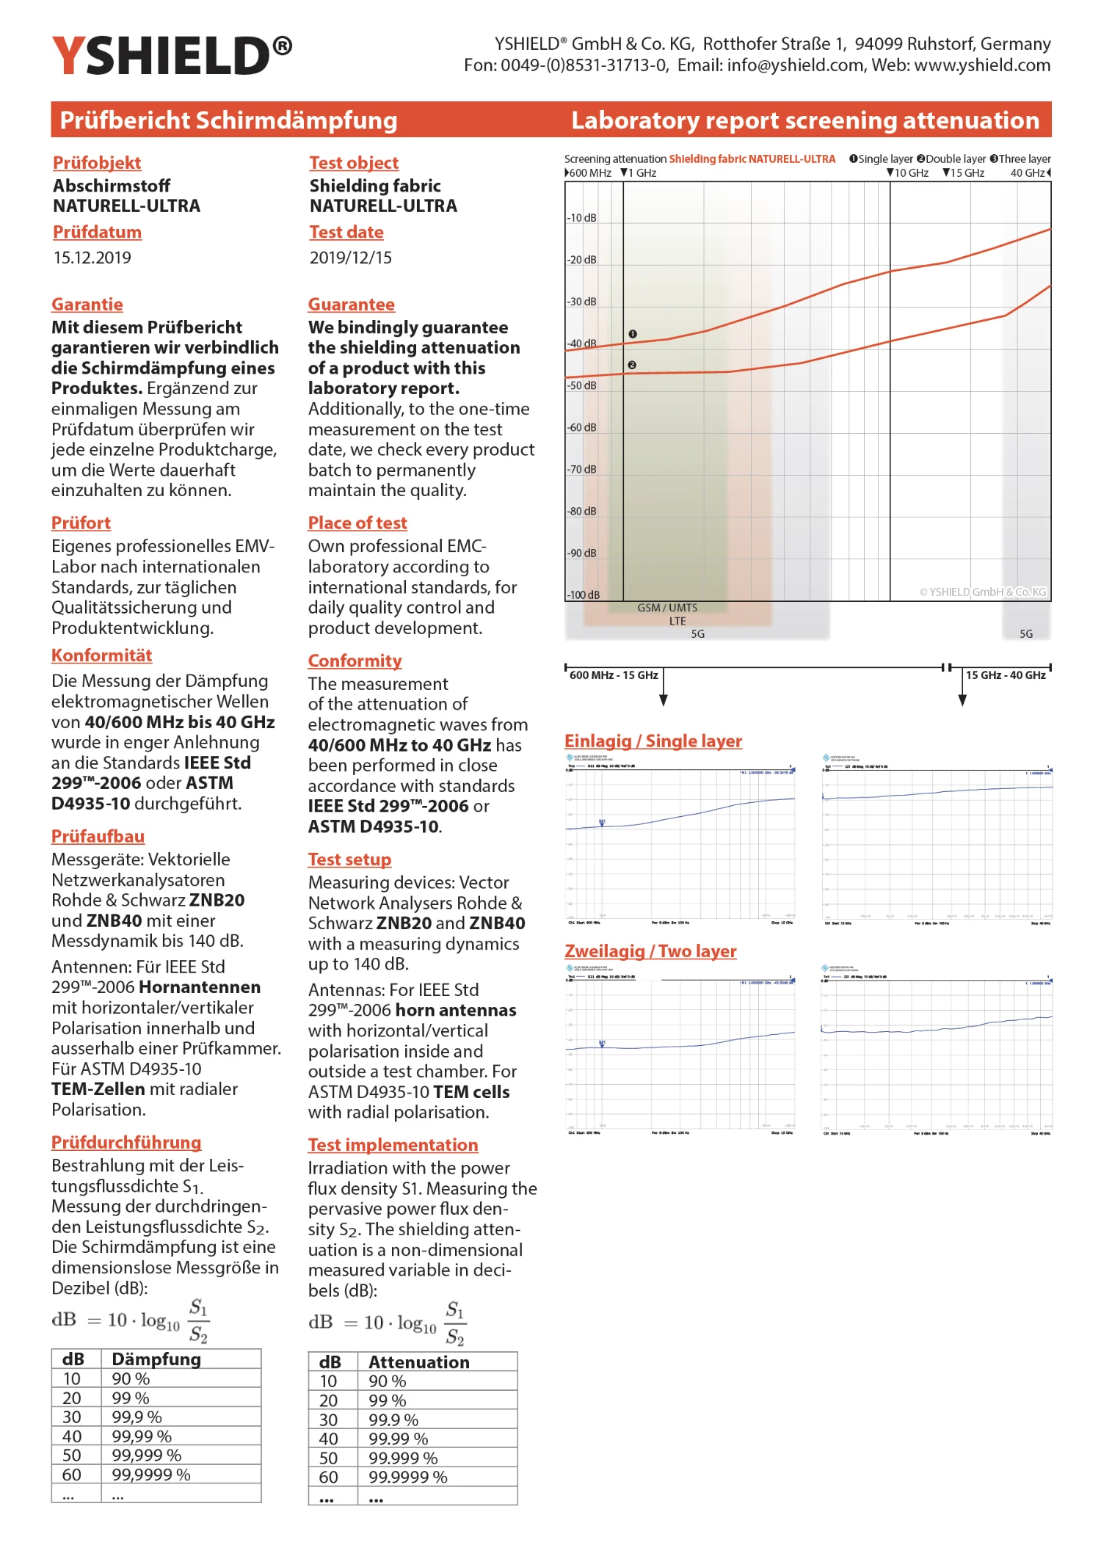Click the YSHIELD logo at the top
pyautogui.click(x=172, y=56)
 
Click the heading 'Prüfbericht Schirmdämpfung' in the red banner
pyautogui.click(x=228, y=120)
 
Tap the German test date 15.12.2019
pyautogui.click(x=92, y=258)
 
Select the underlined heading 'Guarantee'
pyautogui.click(x=351, y=305)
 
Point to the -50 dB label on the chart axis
pyautogui.click(x=581, y=385)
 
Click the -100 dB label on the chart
pyautogui.click(x=583, y=595)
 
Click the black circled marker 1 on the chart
pyautogui.click(x=633, y=334)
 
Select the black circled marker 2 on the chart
pyautogui.click(x=632, y=365)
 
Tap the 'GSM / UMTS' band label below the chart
pyautogui.click(x=667, y=608)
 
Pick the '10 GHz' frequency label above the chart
pyautogui.click(x=910, y=173)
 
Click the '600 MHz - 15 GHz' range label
pyautogui.click(x=614, y=675)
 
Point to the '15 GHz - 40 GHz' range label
pyautogui.click(x=1006, y=675)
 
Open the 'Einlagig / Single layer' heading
pyautogui.click(x=653, y=741)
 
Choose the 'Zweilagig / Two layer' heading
pyautogui.click(x=650, y=951)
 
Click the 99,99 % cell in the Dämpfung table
pyautogui.click(x=142, y=1436)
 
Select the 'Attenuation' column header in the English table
pyautogui.click(x=418, y=1362)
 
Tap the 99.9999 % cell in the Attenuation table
pyautogui.click(x=407, y=1477)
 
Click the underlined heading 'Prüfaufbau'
pyautogui.click(x=98, y=837)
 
